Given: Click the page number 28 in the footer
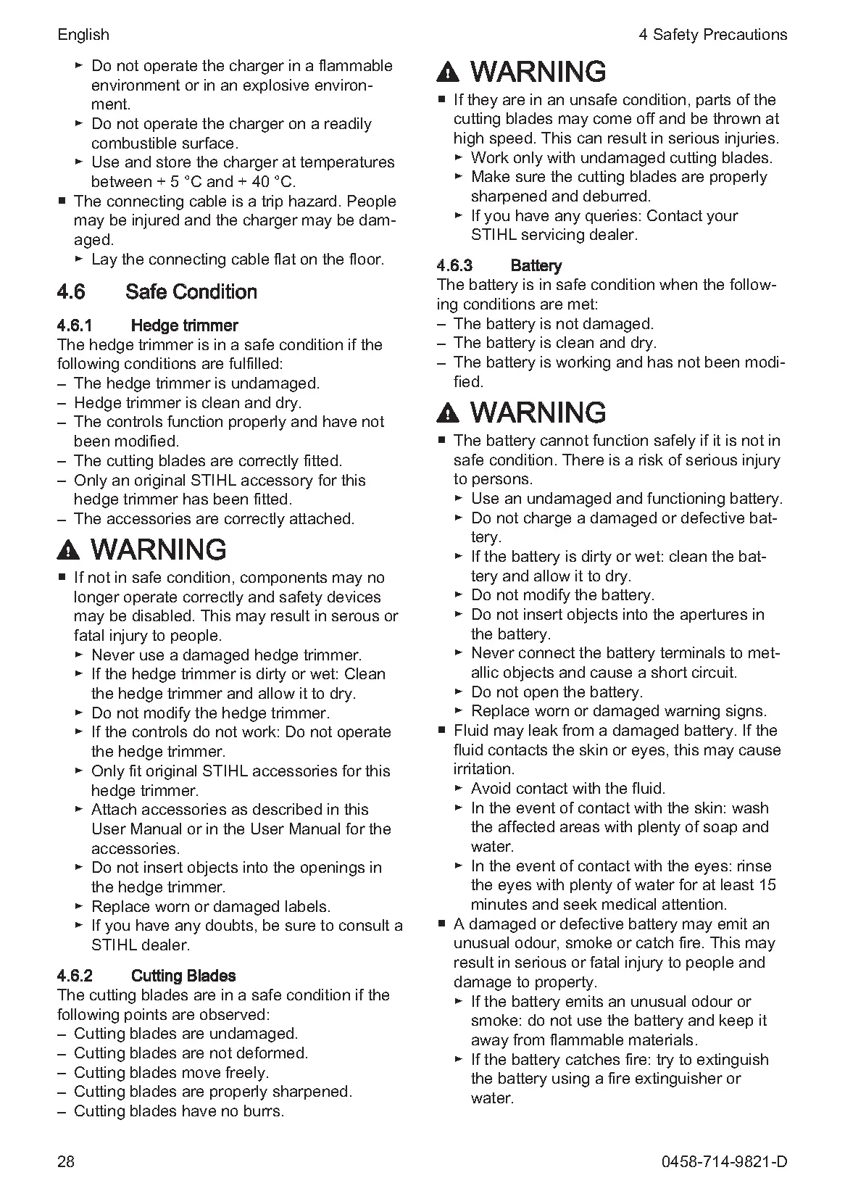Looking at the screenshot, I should (x=65, y=1161).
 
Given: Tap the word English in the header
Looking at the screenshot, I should (x=83, y=34).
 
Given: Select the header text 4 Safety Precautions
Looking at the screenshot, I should (x=712, y=34).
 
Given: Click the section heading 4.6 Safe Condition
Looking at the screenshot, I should (x=157, y=292).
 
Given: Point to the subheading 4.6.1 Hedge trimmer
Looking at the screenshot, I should (x=148, y=325).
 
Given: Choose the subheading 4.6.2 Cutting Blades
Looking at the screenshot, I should (x=146, y=976).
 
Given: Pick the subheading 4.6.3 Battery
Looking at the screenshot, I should (x=499, y=265).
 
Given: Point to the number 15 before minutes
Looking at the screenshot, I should (x=767, y=885).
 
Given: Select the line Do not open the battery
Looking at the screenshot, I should (x=557, y=692).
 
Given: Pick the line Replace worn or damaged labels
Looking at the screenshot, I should (x=210, y=907).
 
